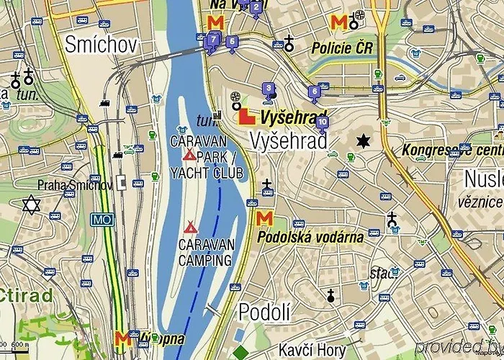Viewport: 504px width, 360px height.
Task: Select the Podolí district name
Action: point(264,312)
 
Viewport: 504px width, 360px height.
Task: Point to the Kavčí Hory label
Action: point(312,348)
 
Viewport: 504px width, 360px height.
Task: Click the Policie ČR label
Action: point(342,48)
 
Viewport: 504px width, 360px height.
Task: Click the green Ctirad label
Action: point(26,295)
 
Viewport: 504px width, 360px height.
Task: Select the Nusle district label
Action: point(483,178)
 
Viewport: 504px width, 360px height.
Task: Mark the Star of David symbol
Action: point(30,205)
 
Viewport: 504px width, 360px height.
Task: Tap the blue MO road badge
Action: point(101,219)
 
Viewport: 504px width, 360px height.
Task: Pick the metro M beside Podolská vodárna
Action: point(264,217)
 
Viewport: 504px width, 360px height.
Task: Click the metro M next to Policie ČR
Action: point(338,22)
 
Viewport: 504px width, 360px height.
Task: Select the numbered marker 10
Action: point(322,122)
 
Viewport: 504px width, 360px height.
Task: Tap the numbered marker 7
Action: point(213,40)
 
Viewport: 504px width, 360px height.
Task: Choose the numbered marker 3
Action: point(269,89)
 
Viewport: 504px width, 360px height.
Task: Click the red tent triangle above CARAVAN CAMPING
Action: point(190,225)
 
